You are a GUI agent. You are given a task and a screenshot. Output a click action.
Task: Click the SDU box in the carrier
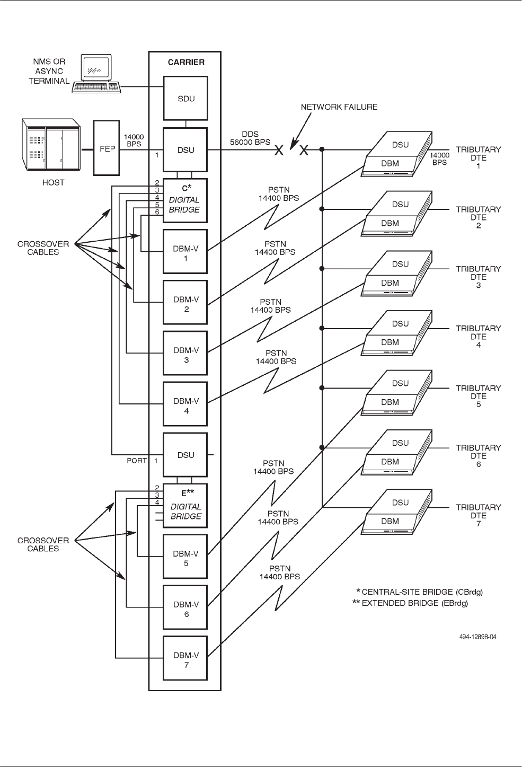[x=185, y=98]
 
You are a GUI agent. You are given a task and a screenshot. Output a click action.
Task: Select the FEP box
[x=108, y=148]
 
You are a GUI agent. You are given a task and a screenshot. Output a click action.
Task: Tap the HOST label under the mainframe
[x=53, y=182]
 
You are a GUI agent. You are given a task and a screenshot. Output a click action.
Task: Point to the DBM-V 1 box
[x=185, y=251]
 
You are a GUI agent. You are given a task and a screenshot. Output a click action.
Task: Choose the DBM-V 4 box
[x=185, y=404]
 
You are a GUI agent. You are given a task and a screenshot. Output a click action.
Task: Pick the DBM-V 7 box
[x=185, y=658]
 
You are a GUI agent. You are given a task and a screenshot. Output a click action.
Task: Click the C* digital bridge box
[x=185, y=200]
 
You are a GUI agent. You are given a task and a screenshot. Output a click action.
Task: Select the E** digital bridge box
[x=185, y=505]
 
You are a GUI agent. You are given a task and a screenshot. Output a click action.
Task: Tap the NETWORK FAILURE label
[x=339, y=107]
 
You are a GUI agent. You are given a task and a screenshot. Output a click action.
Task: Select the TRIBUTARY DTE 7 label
[x=478, y=515]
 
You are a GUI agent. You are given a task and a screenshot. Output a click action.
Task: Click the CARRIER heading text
[x=186, y=62]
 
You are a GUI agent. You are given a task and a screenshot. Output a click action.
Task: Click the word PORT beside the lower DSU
[x=136, y=461]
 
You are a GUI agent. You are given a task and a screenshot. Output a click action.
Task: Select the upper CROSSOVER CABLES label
[x=43, y=248]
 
